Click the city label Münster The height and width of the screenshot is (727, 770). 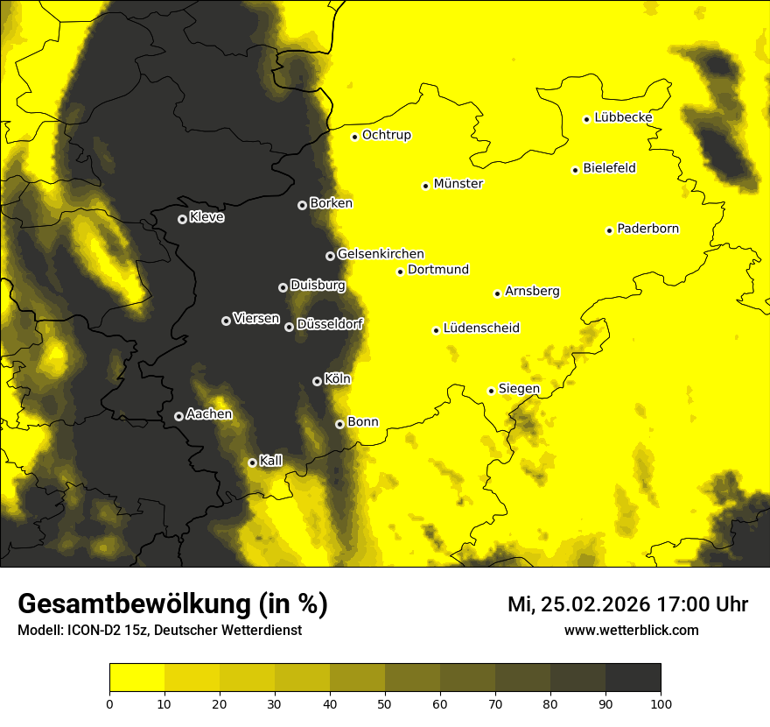[458, 184]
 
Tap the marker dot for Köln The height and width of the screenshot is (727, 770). [317, 381]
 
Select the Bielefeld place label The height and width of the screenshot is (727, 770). [609, 168]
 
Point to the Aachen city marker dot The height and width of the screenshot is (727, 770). [178, 416]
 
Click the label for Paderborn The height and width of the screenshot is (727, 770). [647, 229]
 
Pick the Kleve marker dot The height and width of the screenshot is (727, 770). [182, 219]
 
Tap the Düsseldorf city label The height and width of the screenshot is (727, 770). [330, 324]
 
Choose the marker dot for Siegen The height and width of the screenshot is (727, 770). [491, 391]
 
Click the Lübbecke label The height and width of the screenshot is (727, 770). [623, 117]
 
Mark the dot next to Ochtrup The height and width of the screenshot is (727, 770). [354, 137]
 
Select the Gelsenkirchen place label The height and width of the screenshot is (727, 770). [381, 254]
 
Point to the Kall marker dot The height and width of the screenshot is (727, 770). [252, 462]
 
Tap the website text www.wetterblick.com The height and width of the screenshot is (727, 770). [632, 630]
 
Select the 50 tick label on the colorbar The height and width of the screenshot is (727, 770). [385, 702]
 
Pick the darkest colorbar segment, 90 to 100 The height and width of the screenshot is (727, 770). [633, 677]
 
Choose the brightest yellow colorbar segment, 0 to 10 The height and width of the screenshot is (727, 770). [137, 677]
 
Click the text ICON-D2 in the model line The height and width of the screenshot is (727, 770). [92, 630]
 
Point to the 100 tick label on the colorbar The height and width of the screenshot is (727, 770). [661, 702]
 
